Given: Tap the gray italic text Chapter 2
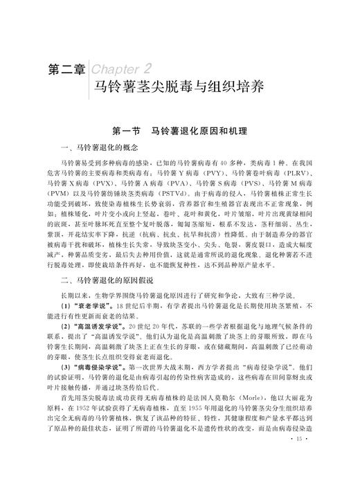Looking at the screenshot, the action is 123,68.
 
